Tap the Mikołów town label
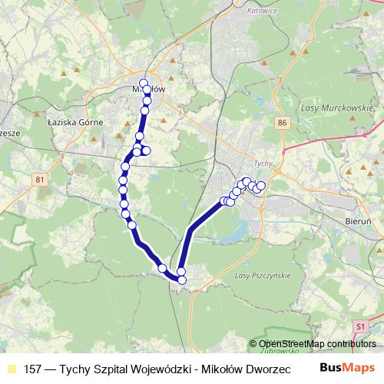pos(147,89)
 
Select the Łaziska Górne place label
pos(70,121)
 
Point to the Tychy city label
pos(263,164)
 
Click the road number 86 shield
pos(284,123)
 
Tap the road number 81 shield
pos(40,180)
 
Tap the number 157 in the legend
pos(32,368)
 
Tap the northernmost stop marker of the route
pos(144,83)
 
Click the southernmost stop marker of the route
pos(182,280)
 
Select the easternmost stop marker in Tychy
pos(260,186)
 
